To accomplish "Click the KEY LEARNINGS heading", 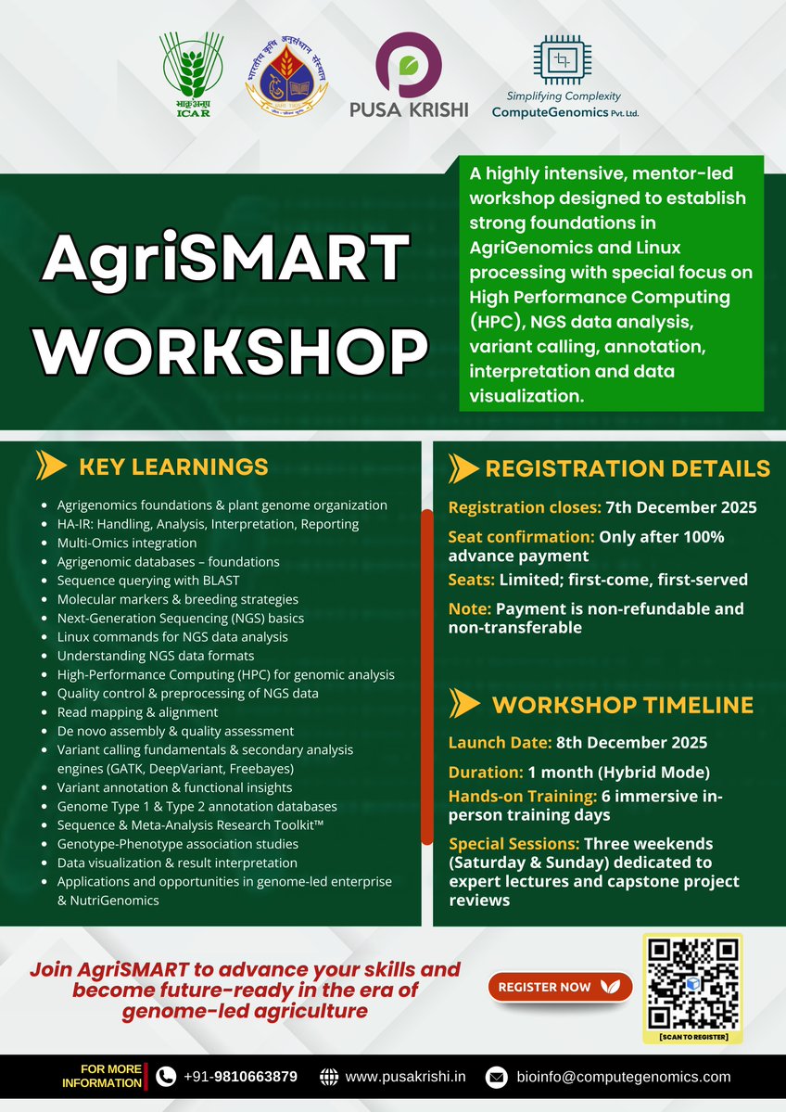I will pos(173,467).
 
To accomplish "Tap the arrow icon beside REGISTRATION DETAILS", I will pos(463,468).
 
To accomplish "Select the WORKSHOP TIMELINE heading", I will pos(622,705).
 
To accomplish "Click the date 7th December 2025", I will pos(681,507).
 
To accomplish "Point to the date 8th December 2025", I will pos(631,743).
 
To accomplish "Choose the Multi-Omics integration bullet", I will pos(127,543).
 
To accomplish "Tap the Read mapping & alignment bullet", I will pos(137,712).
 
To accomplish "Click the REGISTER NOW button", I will pos(559,987).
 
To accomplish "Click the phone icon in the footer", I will pos(166,1077).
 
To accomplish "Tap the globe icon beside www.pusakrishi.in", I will pos(329,1077).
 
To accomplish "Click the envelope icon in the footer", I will pos(497,1078).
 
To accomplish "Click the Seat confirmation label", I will pos(521,537).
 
